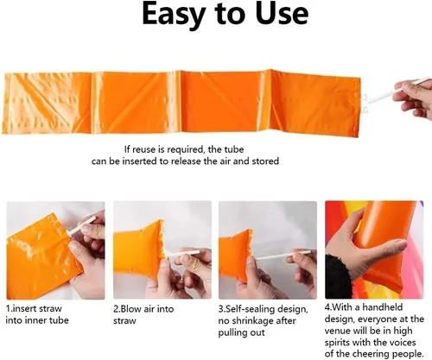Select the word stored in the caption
point(265,161)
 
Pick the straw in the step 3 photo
point(283,255)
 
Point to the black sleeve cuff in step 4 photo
point(338,275)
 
